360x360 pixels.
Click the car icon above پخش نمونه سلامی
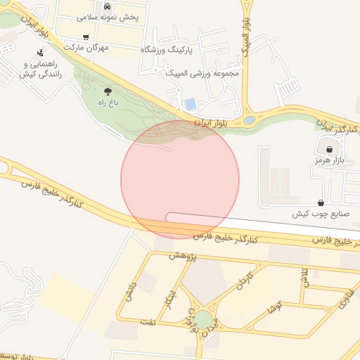click(107, 6)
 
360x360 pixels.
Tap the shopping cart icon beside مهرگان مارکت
click(86, 37)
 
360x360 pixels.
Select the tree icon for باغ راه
click(107, 91)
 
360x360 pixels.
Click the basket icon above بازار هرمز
click(329, 149)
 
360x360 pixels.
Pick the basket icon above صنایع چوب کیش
click(321, 202)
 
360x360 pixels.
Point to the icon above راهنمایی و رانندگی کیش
click(41, 52)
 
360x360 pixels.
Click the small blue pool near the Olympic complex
click(191, 104)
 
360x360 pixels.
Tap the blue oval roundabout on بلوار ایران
click(250, 120)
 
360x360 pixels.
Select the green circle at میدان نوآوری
click(203, 320)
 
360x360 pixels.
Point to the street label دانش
click(128, 295)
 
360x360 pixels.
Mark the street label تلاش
click(305, 277)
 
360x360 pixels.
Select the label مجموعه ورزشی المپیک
click(202, 72)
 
